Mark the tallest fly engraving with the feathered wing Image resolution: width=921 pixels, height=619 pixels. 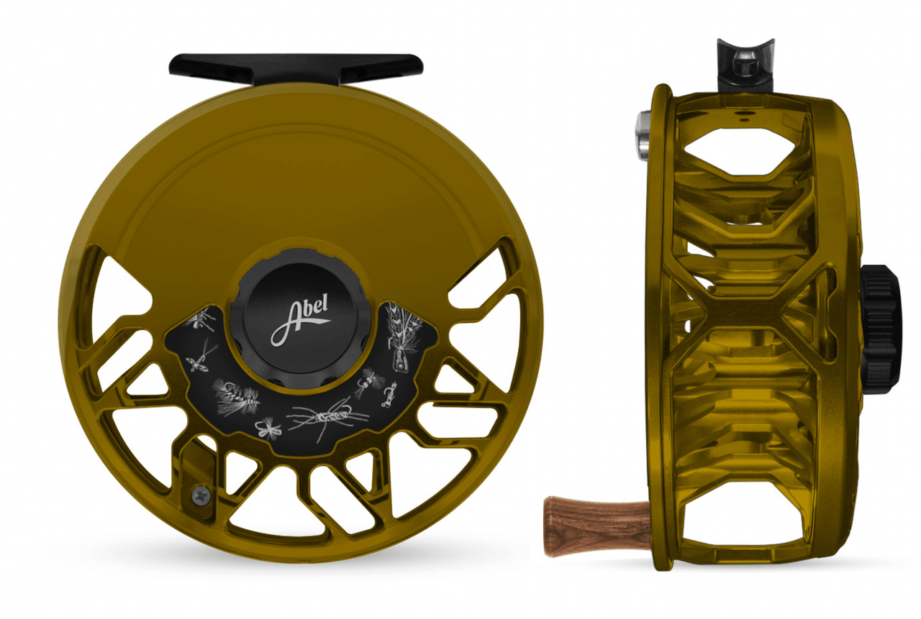tap(395, 335)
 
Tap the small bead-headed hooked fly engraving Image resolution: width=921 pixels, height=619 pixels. tap(389, 395)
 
